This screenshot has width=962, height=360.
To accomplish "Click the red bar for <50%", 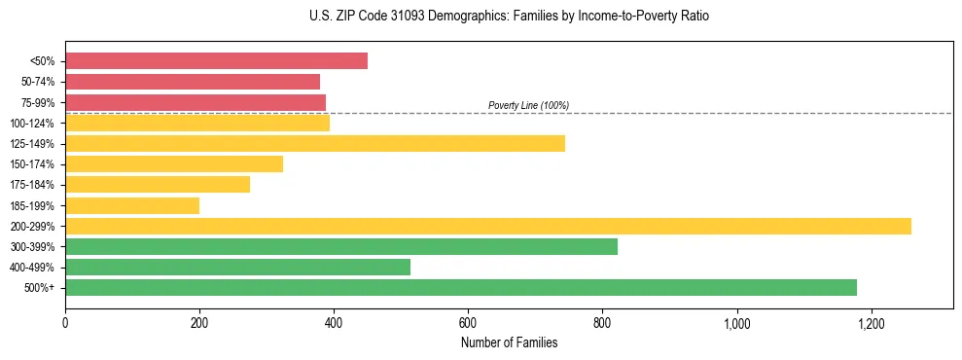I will [x=216, y=61].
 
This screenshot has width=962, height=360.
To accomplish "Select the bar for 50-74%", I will [x=193, y=82].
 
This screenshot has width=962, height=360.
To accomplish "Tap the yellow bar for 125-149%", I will [x=315, y=144].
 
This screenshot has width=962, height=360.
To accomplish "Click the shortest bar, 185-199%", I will [x=132, y=206].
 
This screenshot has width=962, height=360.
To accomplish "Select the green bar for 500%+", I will [x=461, y=288].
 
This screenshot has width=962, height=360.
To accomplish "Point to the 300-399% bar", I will [x=341, y=247].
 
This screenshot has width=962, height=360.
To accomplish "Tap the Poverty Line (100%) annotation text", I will [x=528, y=105].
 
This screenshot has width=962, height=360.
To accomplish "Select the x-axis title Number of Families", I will [x=509, y=342].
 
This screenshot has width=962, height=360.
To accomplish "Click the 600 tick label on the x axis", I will [x=468, y=323].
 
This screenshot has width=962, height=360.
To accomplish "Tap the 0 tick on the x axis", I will [x=65, y=323].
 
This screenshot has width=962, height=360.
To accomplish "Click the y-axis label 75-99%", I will [x=38, y=102].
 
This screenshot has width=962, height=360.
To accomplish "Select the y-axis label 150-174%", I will [x=33, y=164].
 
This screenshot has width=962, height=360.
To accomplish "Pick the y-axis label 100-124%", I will [x=33, y=124].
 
